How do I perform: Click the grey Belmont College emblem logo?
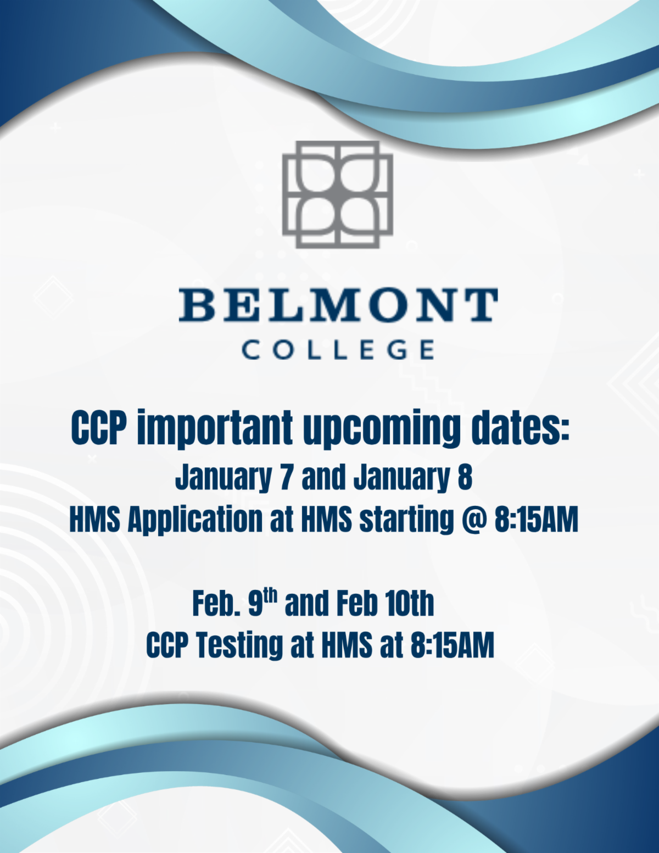coord(338,194)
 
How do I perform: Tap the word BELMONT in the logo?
coord(338,305)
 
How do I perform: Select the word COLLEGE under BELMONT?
coord(338,350)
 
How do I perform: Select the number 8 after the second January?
coord(465,477)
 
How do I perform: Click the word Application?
coord(195,520)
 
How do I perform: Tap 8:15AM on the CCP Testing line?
coord(452,645)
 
